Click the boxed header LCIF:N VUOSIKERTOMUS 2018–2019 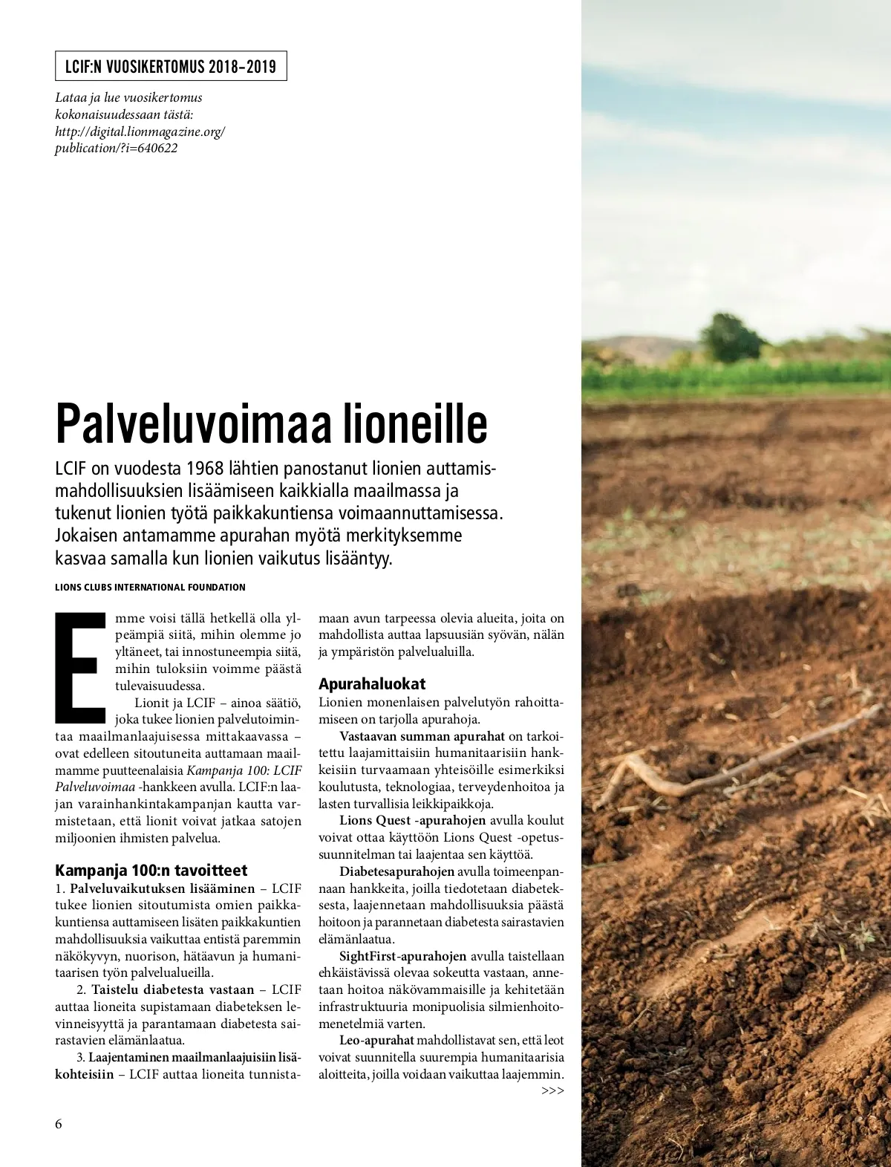pyautogui.click(x=171, y=66)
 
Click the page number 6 pyautogui.click(x=59, y=1122)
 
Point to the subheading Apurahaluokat pyautogui.click(x=372, y=683)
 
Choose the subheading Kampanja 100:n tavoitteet pyautogui.click(x=151, y=870)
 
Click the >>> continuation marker pyautogui.click(x=552, y=1090)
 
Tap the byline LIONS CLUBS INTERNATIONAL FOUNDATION pyautogui.click(x=150, y=587)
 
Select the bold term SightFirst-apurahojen pyautogui.click(x=403, y=956)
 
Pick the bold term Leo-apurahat pyautogui.click(x=376, y=1041)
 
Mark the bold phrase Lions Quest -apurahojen pyautogui.click(x=413, y=820)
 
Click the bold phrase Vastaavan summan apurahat pyautogui.click(x=422, y=736)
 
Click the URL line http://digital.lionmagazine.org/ pyautogui.click(x=140, y=131)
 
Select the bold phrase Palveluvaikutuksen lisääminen pyautogui.click(x=162, y=888)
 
